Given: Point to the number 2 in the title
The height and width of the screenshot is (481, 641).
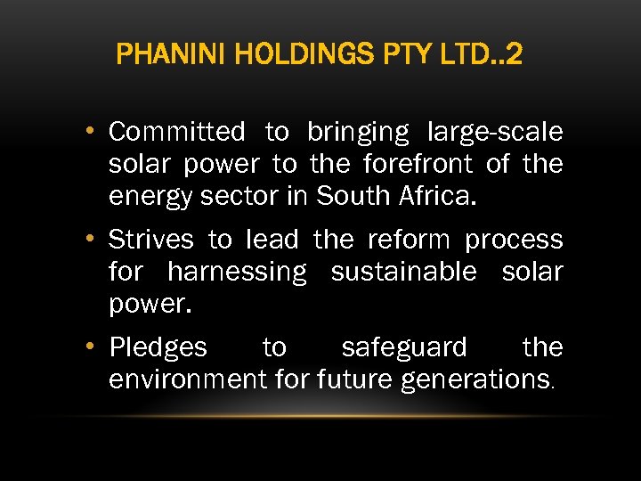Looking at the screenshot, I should [513, 56].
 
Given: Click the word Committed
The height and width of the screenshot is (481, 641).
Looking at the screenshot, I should [176, 133].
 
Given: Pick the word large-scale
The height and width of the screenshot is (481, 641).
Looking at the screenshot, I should [495, 133].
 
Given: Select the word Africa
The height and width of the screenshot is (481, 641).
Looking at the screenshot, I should [441, 197].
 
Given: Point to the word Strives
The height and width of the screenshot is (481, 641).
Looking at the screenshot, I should [150, 240].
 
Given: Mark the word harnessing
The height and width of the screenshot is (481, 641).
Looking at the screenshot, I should [236, 272].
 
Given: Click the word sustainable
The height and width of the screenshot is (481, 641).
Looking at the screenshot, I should [403, 272].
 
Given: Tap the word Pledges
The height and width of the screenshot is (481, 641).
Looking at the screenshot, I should [158, 347].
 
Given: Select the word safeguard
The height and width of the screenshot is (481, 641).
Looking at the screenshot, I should [404, 347].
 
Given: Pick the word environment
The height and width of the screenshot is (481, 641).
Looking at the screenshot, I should [188, 379].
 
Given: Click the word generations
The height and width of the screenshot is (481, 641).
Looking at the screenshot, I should [477, 380].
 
